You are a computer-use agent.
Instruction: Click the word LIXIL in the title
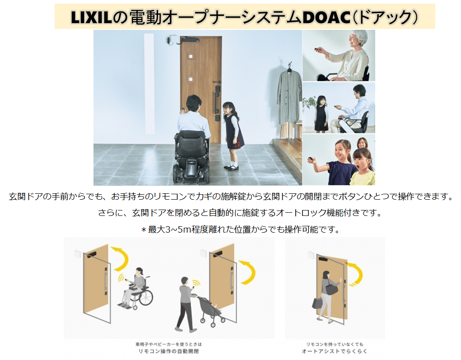point(92,17)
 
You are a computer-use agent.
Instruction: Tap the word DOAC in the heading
point(326,17)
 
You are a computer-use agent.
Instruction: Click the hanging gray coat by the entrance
point(289,98)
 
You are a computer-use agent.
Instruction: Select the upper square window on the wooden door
point(191,56)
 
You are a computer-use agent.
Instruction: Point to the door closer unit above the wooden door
point(188,39)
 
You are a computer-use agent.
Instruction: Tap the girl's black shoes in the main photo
point(232,168)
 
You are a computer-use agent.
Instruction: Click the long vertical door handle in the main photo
point(217,101)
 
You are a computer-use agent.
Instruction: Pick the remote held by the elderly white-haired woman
point(317,49)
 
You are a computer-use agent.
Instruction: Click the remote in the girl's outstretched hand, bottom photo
point(311,160)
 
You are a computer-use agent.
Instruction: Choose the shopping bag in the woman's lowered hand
point(317,303)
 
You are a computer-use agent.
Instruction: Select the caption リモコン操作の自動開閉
point(168,351)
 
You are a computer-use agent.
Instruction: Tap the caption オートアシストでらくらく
point(334,351)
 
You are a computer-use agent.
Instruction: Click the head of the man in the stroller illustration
point(184,281)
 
